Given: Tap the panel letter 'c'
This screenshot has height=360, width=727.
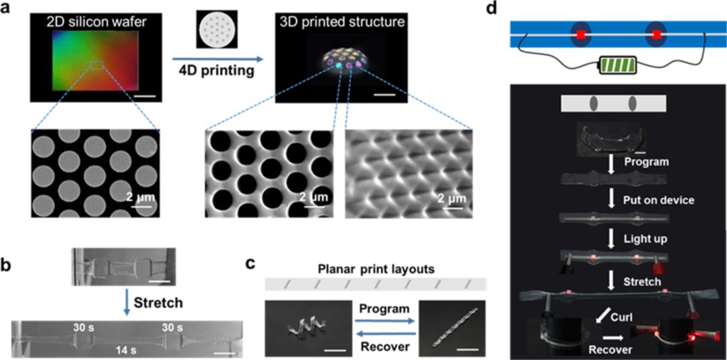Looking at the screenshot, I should tap(250, 262).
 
